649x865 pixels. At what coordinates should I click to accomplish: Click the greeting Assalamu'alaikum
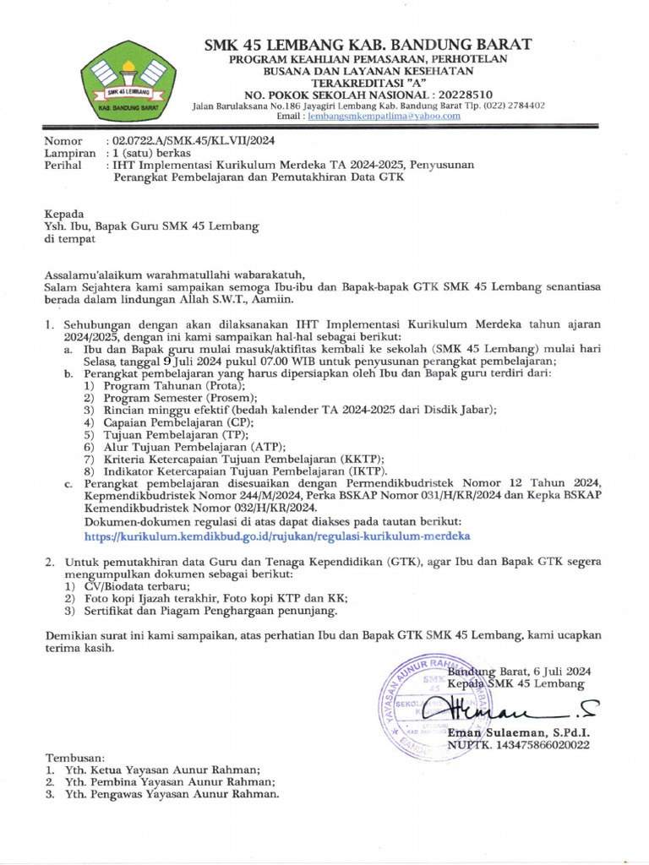click(x=93, y=275)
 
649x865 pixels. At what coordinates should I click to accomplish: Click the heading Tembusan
click(x=75, y=758)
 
